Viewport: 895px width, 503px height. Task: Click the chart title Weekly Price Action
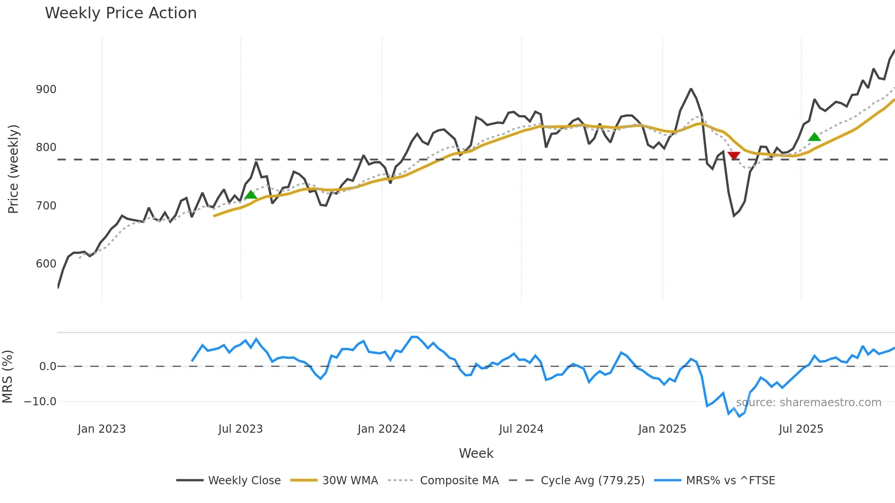[121, 13]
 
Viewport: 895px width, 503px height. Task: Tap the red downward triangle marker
[734, 156]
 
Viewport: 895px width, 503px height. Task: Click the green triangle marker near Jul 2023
[251, 195]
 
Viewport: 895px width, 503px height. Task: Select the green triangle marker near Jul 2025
[814, 137]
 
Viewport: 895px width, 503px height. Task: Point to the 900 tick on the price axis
[46, 89]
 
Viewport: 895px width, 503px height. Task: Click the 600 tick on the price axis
[46, 264]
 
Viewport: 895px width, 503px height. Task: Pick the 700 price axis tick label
[46, 206]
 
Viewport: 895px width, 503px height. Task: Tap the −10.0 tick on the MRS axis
[40, 402]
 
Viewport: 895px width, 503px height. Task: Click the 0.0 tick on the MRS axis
[47, 367]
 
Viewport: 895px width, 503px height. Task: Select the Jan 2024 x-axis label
[381, 429]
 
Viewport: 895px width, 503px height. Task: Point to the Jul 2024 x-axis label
[521, 429]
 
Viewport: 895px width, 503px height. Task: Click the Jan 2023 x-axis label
[101, 429]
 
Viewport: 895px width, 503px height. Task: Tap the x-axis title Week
[476, 453]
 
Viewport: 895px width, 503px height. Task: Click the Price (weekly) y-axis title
[14, 169]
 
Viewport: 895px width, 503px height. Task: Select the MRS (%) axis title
[8, 377]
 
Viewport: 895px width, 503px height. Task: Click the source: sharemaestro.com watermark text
[808, 403]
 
